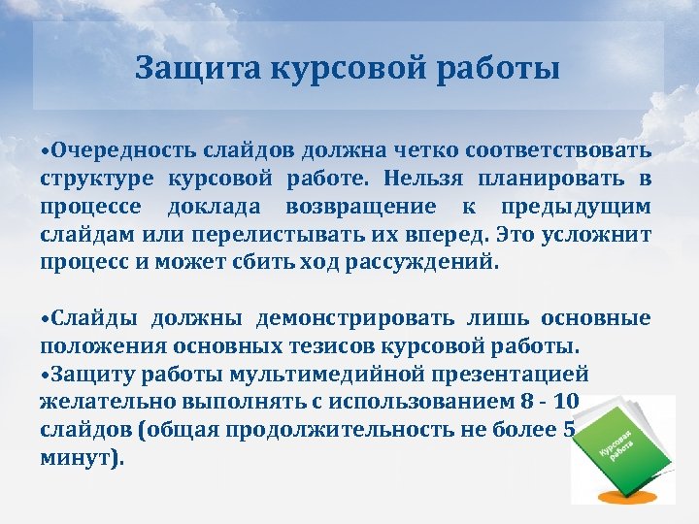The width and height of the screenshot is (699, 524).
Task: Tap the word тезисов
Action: [x=319, y=346]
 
